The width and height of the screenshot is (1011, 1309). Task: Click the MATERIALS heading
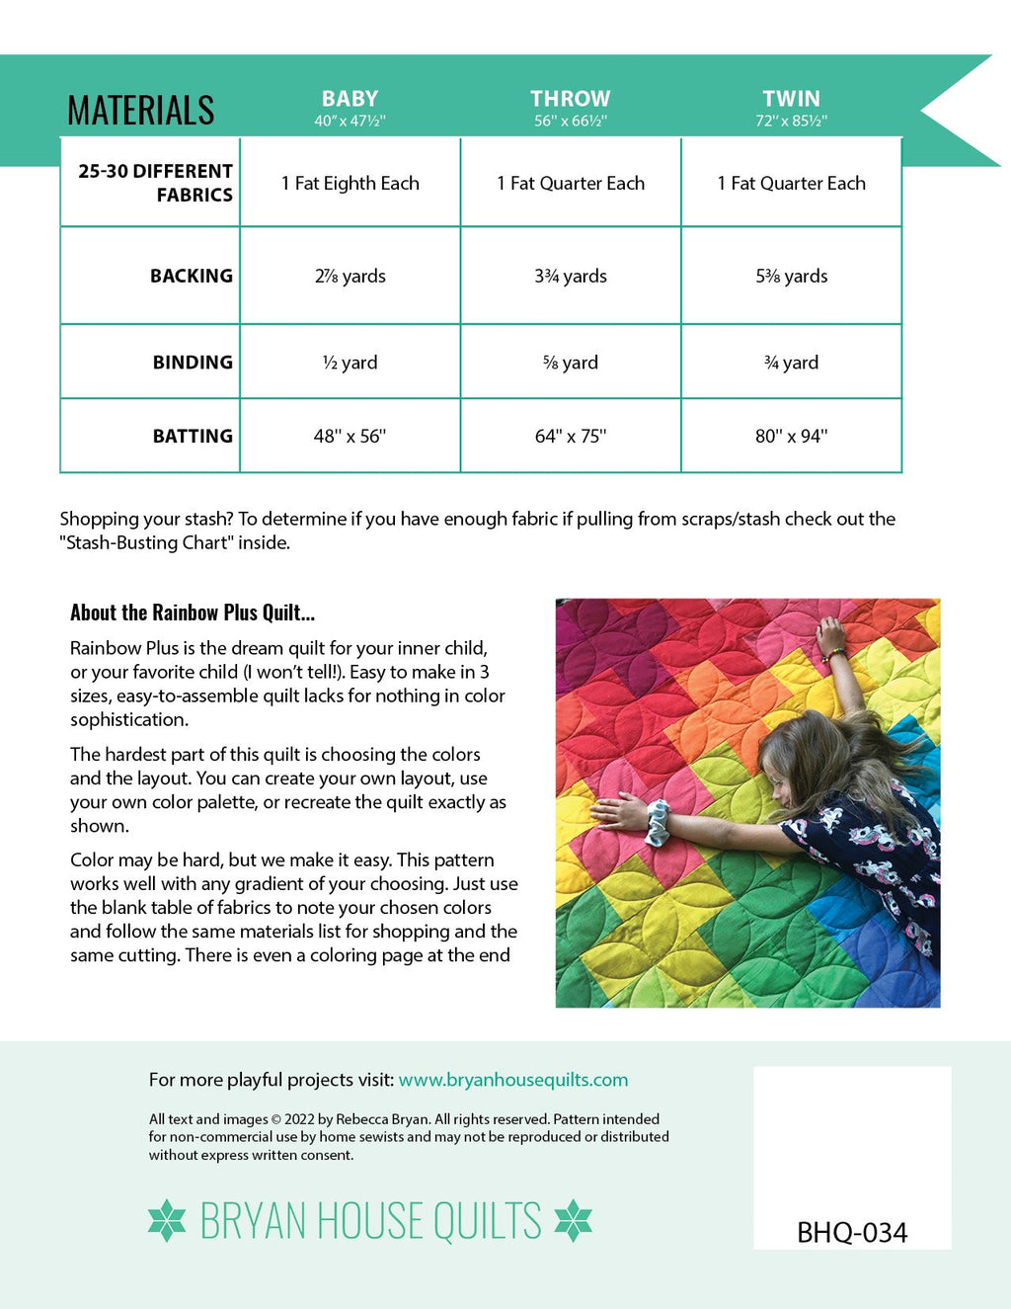[x=140, y=110]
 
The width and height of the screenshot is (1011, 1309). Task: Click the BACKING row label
[x=191, y=276]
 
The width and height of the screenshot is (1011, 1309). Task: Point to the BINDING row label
[x=193, y=363]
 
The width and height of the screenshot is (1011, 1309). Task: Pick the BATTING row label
[x=193, y=436]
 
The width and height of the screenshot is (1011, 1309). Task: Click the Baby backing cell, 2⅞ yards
[x=350, y=277]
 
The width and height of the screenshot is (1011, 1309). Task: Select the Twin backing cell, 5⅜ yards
[x=791, y=277]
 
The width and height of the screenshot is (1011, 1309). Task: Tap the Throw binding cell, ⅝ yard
[x=570, y=363]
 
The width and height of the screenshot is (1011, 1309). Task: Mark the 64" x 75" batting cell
[x=570, y=436]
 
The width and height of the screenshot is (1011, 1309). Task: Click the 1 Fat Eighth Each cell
[x=350, y=183]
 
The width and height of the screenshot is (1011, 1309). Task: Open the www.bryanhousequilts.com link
[x=513, y=1080]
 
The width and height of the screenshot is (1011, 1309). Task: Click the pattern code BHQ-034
[x=851, y=1232]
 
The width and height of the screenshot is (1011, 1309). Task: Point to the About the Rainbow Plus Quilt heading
[x=193, y=613]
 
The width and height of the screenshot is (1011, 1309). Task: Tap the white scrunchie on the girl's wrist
[x=657, y=822]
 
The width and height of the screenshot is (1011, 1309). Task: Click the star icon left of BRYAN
[x=167, y=1220]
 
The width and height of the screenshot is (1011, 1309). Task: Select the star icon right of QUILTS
[x=573, y=1220]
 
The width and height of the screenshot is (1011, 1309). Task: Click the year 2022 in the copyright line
[x=299, y=1119]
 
